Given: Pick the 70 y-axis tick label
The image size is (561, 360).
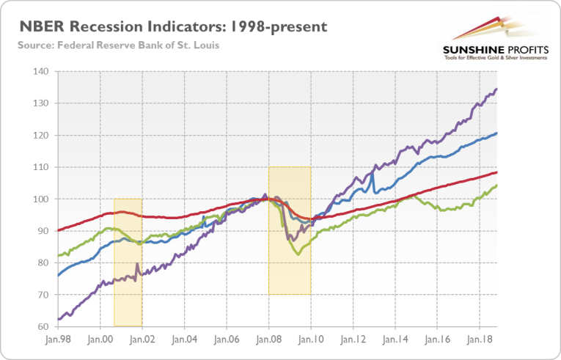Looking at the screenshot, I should click(41, 295).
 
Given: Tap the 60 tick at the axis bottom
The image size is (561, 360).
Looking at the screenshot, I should click(41, 326).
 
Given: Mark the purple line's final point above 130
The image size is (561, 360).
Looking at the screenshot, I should click(497, 89).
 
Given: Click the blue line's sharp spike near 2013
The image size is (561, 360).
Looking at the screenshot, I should click(373, 173).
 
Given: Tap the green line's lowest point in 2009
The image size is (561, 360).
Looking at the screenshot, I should click(297, 254).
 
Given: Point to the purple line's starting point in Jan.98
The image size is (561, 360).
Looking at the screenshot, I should click(58, 319).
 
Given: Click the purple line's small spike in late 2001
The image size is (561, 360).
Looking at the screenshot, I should click(136, 263).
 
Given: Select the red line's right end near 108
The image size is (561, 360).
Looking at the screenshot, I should click(497, 172).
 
